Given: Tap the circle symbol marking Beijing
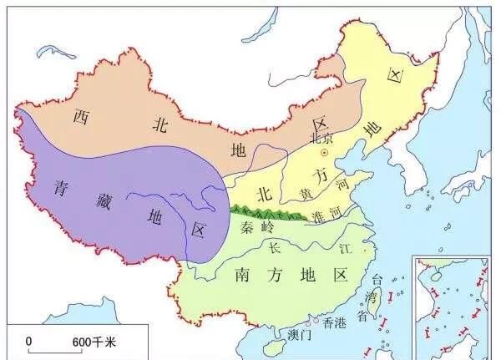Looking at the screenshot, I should pyautogui.click(x=325, y=153).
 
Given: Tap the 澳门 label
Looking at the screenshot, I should pyautogui.click(x=296, y=335).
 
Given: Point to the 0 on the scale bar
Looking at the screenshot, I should pyautogui.click(x=28, y=341).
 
